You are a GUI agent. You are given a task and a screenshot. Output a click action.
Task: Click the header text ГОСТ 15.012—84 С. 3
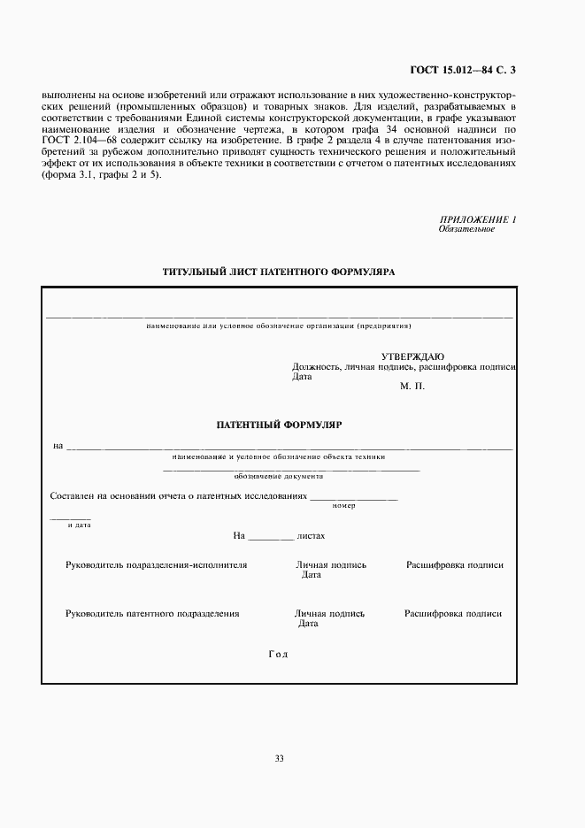pyautogui.click(x=463, y=68)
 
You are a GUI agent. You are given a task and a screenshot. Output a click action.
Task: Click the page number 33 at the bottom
pyautogui.click(x=280, y=758)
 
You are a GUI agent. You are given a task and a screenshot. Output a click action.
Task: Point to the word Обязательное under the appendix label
pyautogui.click(x=466, y=229)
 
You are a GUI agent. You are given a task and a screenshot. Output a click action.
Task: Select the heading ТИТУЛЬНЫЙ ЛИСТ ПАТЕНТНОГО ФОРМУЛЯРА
pyautogui.click(x=279, y=272)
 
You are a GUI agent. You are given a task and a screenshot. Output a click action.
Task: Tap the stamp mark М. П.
pyautogui.click(x=412, y=387)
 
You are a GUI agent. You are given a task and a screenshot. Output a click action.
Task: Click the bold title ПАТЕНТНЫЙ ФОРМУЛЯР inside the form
pyautogui.click(x=279, y=425)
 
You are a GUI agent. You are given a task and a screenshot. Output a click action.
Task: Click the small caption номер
pyautogui.click(x=343, y=505)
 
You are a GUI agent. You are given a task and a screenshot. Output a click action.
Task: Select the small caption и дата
pyautogui.click(x=79, y=525)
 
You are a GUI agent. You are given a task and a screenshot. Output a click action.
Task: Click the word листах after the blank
pyautogui.click(x=312, y=535)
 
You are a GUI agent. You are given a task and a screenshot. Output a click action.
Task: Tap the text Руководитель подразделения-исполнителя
pyautogui.click(x=157, y=564)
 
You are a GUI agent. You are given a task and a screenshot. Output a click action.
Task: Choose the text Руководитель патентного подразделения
pyautogui.click(x=152, y=613)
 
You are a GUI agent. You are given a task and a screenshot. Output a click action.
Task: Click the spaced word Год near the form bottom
pyautogui.click(x=278, y=655)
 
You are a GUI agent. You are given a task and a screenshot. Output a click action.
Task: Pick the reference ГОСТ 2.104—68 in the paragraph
pyautogui.click(x=69, y=140)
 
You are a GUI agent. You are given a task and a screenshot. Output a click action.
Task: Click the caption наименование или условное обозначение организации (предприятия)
pyautogui.click(x=280, y=326)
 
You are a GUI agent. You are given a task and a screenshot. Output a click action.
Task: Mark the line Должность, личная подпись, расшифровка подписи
pyautogui.click(x=404, y=366)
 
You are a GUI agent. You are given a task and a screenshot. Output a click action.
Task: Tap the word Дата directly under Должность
pyautogui.click(x=302, y=376)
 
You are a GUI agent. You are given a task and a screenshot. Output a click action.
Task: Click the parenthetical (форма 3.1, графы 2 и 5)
pyautogui.click(x=102, y=174)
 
